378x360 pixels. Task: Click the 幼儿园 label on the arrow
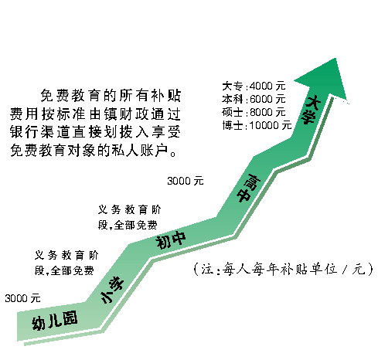click(x=54, y=321)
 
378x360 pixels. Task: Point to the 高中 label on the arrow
click(x=248, y=188)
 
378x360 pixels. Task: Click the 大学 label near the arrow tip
click(x=312, y=110)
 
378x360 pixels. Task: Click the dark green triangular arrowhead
click(x=324, y=80)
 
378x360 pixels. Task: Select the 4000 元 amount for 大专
click(x=267, y=86)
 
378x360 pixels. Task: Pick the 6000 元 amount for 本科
click(x=267, y=99)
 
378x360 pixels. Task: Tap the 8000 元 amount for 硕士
click(x=267, y=112)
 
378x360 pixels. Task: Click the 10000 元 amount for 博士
click(x=271, y=125)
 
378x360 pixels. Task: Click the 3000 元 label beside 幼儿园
click(x=22, y=298)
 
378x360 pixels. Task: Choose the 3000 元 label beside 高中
click(x=186, y=181)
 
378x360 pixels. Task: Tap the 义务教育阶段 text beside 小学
click(x=66, y=263)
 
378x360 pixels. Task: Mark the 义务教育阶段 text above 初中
click(x=130, y=218)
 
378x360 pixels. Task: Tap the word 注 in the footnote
click(x=207, y=270)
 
